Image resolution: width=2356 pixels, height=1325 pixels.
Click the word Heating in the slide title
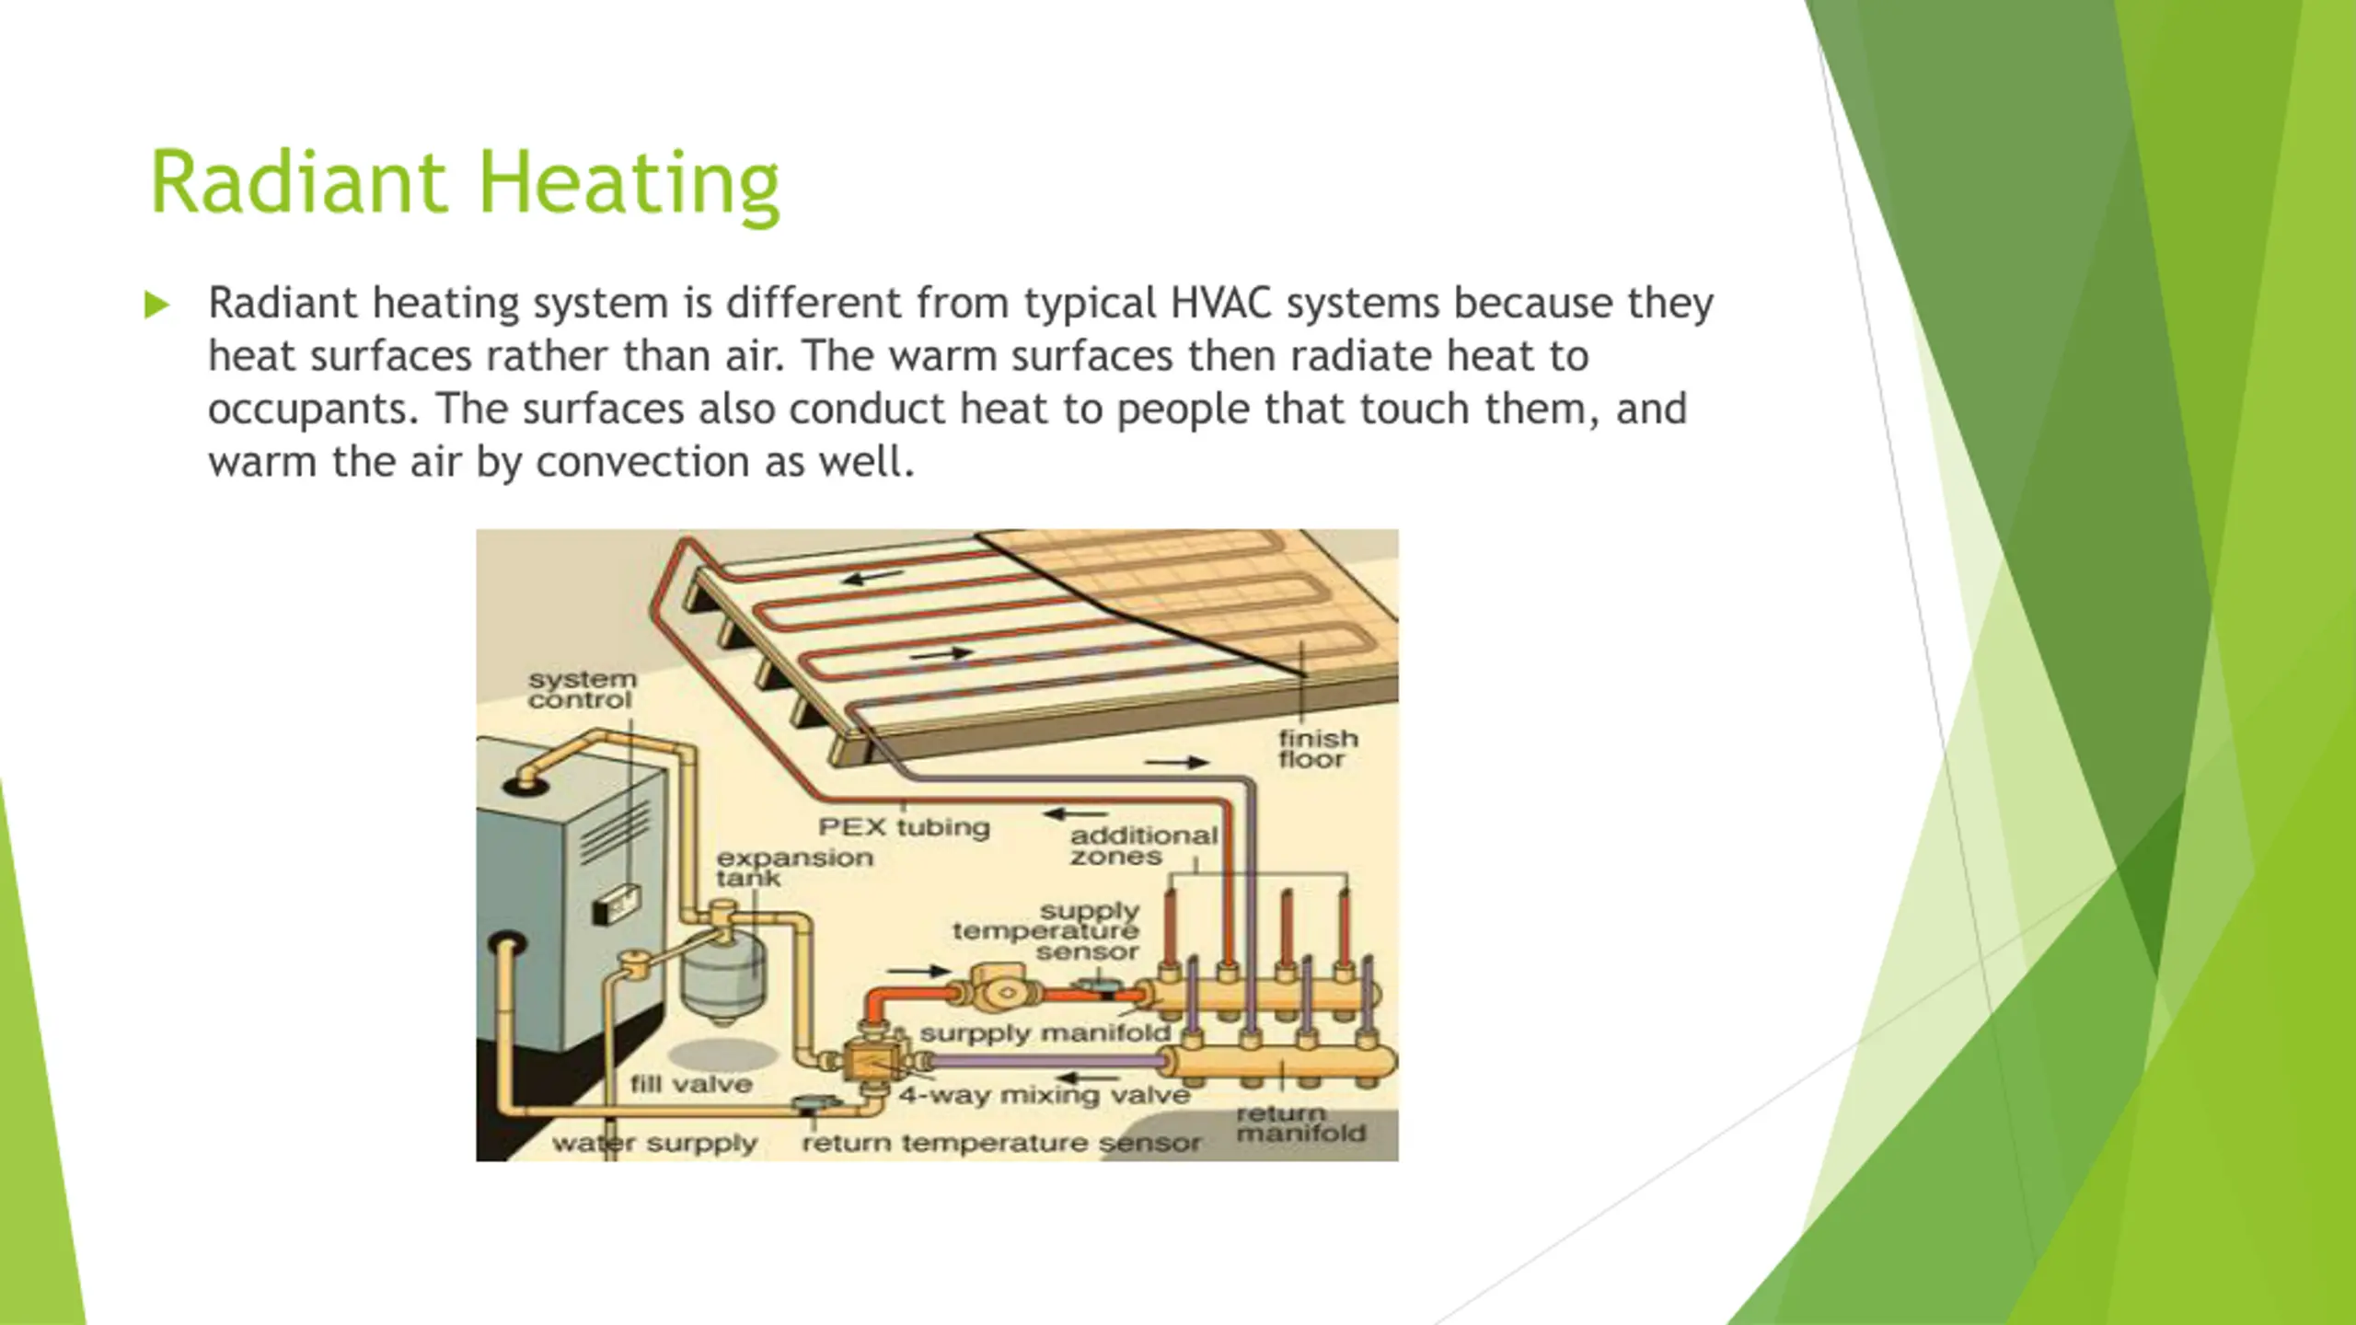click(629, 184)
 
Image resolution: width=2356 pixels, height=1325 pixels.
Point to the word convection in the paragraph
click(641, 462)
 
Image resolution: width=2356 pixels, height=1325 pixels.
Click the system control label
click(582, 689)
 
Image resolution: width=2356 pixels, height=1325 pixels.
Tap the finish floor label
click(1317, 749)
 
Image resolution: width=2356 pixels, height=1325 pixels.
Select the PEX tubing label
click(904, 827)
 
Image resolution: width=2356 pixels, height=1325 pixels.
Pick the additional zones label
click(1143, 846)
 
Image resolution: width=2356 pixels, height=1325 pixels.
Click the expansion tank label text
click(794, 867)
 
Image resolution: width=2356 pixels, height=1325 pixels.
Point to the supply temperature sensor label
click(1045, 930)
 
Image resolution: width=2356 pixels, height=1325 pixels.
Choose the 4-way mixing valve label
click(1044, 1095)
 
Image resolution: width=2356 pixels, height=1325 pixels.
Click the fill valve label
click(691, 1084)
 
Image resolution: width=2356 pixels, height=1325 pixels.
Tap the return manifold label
click(1299, 1123)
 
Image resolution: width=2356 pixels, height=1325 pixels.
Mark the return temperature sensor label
click(1000, 1144)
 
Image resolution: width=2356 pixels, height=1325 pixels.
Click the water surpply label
click(654, 1144)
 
